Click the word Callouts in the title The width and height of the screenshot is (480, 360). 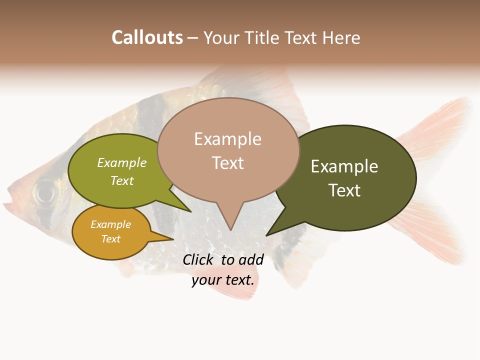[147, 37]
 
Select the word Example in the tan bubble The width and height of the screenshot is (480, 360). [227, 139]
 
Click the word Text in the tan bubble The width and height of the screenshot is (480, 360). [227, 163]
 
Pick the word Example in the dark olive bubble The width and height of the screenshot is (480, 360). [344, 166]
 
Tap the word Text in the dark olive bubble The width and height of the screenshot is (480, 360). [344, 190]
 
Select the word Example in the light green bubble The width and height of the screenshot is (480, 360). [122, 163]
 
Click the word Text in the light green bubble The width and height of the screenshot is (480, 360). [122, 180]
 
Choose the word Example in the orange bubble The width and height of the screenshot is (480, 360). [110, 224]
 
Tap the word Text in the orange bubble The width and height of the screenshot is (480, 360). [110, 239]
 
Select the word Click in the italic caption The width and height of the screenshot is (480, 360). [198, 259]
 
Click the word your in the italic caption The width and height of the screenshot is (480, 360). [206, 280]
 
